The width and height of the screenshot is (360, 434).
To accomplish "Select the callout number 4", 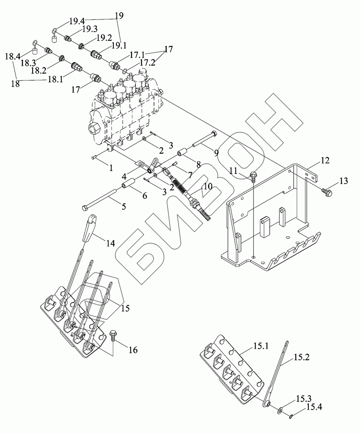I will [x=124, y=177].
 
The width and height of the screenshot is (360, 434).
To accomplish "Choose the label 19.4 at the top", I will [x=77, y=20].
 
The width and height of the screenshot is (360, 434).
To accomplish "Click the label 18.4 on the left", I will [x=13, y=56].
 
